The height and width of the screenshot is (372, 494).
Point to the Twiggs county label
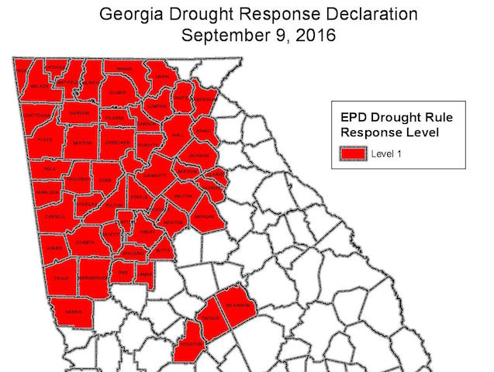pos(210,318)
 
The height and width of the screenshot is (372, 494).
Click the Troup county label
pos(61,278)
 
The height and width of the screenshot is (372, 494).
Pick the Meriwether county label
pos(95,277)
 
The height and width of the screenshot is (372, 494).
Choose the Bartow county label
pos(83,143)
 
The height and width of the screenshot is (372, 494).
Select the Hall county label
pos(177,134)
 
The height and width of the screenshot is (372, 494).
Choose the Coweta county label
pos(85,243)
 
